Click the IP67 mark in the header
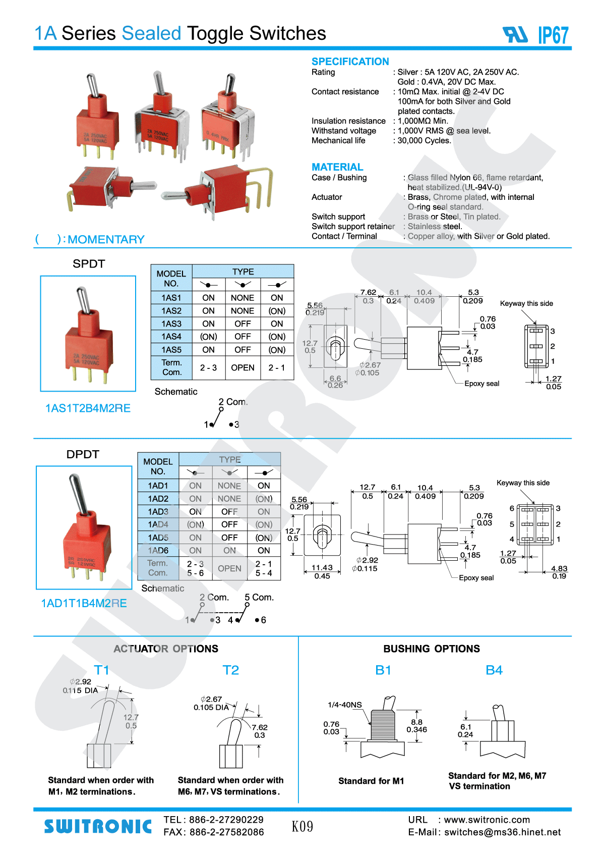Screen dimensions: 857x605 click(x=553, y=35)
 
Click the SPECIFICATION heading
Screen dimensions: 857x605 click(x=350, y=62)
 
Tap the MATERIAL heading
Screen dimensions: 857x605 click(x=337, y=167)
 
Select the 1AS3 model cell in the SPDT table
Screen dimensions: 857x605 click(x=171, y=324)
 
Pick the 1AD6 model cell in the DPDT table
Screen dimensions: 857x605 click(x=158, y=550)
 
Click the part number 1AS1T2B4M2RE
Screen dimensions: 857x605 click(x=88, y=408)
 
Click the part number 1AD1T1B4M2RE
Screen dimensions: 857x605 click(x=84, y=603)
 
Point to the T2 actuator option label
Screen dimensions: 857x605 click(x=230, y=670)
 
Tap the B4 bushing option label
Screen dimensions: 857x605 click(x=494, y=670)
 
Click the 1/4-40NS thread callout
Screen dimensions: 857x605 click(x=344, y=705)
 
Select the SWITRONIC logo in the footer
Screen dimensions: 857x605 click(x=98, y=826)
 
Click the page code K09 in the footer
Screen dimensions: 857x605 click(x=302, y=826)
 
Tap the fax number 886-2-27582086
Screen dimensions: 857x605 click(x=226, y=832)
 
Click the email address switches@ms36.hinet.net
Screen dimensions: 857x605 click(x=502, y=832)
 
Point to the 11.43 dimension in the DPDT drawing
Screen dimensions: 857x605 click(x=322, y=568)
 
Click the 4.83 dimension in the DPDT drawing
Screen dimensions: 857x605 click(x=559, y=568)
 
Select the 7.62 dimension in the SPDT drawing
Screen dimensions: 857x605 click(x=368, y=292)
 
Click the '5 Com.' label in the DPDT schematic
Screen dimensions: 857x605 click(x=259, y=597)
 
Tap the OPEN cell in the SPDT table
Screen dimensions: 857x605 click(x=243, y=367)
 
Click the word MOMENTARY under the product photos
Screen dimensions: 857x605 click(x=106, y=239)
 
